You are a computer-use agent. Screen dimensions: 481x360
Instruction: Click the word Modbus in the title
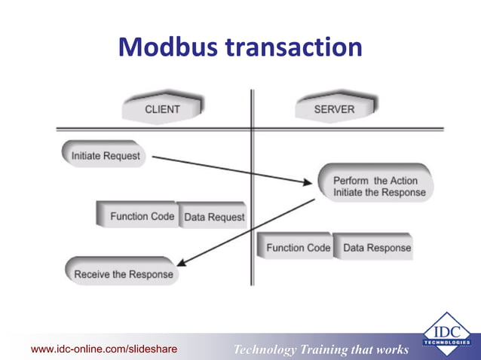167,47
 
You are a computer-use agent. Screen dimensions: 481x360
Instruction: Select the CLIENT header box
162,109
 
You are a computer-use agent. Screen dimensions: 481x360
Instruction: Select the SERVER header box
334,109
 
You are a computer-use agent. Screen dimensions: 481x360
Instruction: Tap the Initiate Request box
105,156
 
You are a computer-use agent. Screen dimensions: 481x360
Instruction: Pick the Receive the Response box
123,274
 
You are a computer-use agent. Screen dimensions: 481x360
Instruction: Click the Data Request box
214,217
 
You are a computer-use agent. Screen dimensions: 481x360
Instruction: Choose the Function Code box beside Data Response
297,247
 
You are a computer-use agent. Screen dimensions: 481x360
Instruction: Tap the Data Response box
377,247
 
